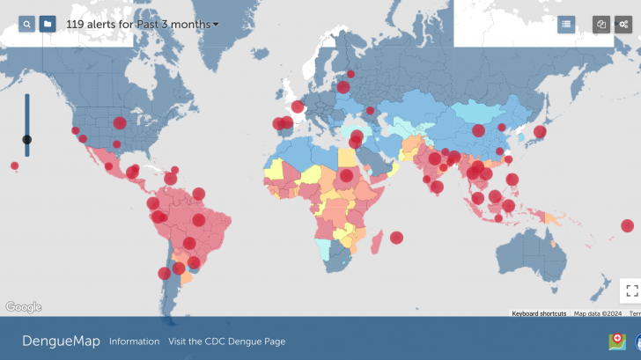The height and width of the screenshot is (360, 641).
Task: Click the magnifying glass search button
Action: [27, 24]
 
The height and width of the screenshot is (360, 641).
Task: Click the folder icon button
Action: [48, 24]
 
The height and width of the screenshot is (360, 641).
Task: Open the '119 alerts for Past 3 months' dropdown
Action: [143, 25]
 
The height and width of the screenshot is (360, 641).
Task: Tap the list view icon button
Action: [566, 25]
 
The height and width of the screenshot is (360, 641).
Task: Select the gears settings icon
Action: [623, 25]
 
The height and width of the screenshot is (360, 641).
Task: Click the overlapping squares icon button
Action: [601, 25]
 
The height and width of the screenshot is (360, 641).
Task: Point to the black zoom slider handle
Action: [27, 139]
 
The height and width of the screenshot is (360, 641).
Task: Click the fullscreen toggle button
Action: [630, 290]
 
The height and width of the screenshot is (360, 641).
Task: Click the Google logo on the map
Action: [24, 307]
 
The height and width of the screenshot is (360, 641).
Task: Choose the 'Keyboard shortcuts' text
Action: [539, 313]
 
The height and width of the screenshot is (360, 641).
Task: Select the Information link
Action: [134, 342]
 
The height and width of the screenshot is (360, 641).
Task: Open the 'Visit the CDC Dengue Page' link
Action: [226, 342]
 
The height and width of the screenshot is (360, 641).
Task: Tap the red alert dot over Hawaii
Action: [14, 165]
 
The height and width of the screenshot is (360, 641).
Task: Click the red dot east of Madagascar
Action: [396, 237]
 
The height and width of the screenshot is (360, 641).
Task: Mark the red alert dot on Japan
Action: [540, 133]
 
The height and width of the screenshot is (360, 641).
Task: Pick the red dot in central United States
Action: [120, 123]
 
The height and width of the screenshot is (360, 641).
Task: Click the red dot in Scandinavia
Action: [350, 75]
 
